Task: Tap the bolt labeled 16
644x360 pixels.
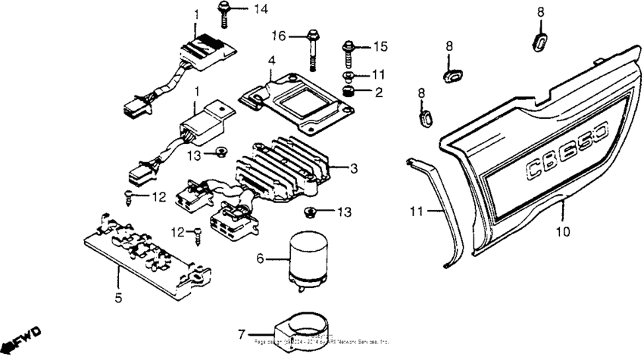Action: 312,46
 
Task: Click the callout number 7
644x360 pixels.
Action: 242,333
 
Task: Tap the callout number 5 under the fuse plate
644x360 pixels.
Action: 118,298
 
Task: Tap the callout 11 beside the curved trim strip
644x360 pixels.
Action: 414,213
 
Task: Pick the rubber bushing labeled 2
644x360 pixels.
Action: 350,92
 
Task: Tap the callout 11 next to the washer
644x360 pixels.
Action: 378,74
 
